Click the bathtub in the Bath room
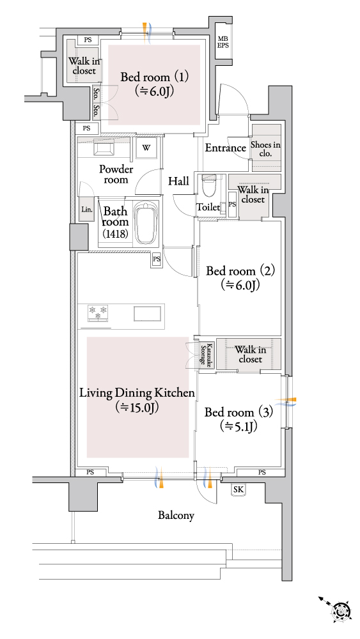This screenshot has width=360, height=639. pyautogui.click(x=146, y=223)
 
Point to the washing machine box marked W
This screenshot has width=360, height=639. pyautogui.click(x=146, y=148)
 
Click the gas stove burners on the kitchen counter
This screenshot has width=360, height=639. pyautogui.click(x=98, y=312)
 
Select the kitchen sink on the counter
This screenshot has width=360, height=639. pyautogui.click(x=148, y=313)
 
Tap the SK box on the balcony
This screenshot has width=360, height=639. pyautogui.click(x=238, y=490)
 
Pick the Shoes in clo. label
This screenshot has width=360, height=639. pyautogui.click(x=265, y=149)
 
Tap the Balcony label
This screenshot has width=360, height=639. pyautogui.click(x=176, y=516)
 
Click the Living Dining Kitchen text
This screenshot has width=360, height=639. pyautogui.click(x=137, y=393)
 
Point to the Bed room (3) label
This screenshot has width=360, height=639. pyautogui.click(x=239, y=419)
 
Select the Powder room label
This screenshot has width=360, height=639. pyautogui.click(x=116, y=174)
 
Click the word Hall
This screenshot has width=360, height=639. pyautogui.click(x=178, y=181)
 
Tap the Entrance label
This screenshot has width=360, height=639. pyautogui.click(x=226, y=148)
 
